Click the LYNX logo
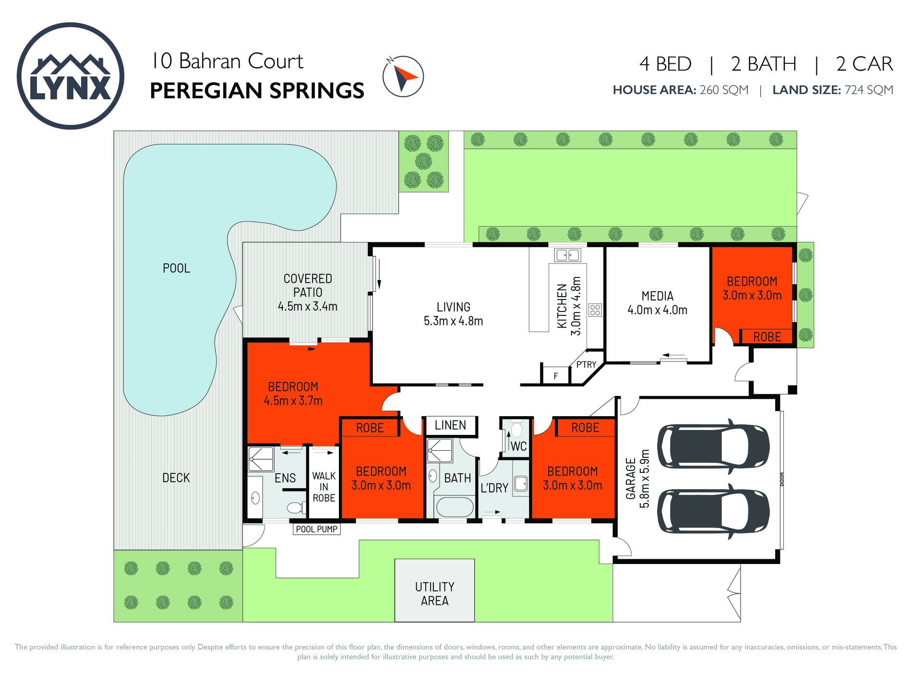(x=71, y=76)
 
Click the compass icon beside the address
(x=403, y=76)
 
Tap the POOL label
(x=176, y=268)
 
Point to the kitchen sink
(x=567, y=255)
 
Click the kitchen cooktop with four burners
(x=595, y=310)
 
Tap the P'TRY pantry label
(x=586, y=364)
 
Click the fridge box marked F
(x=555, y=375)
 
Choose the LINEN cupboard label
(x=450, y=425)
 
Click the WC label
(x=518, y=446)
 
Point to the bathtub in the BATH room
(x=454, y=507)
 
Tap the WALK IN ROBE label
(x=324, y=487)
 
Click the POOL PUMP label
(x=317, y=529)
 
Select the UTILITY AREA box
(x=435, y=590)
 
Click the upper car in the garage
(x=713, y=446)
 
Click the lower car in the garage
(x=713, y=511)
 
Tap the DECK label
(x=176, y=478)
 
